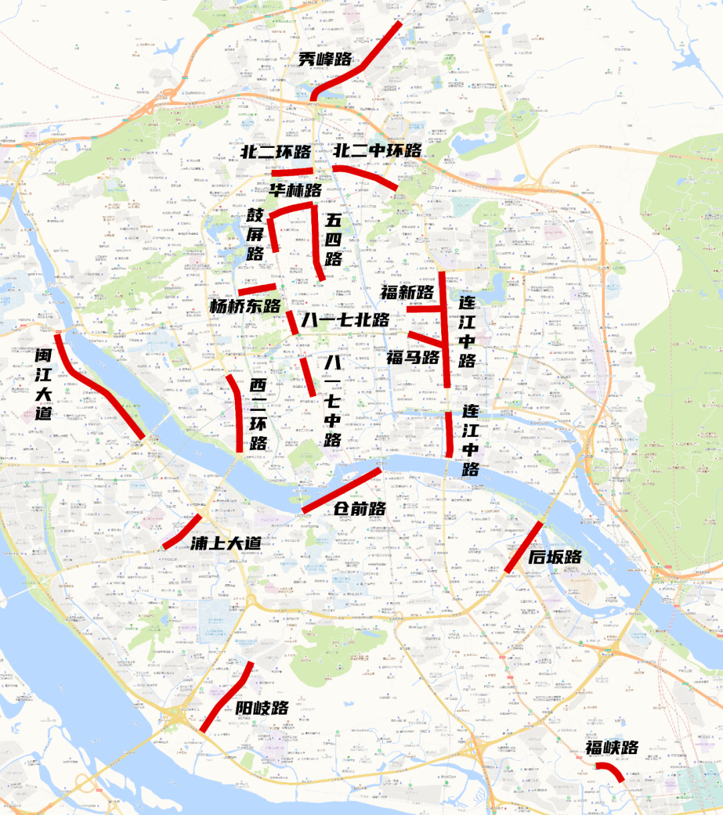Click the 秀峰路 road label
(325, 60)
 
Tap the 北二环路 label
(276, 152)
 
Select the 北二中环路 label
(378, 151)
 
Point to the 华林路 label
(295, 190)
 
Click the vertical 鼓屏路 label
(255, 234)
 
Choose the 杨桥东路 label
(245, 306)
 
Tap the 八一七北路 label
(345, 320)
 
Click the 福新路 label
(407, 292)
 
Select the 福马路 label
(412, 357)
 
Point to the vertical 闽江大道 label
(44, 384)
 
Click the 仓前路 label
(360, 509)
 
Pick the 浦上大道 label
(226, 543)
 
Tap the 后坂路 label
(555, 557)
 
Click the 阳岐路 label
(262, 708)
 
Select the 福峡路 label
(612, 747)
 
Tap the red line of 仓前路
(341, 490)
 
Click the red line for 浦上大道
(182, 532)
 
